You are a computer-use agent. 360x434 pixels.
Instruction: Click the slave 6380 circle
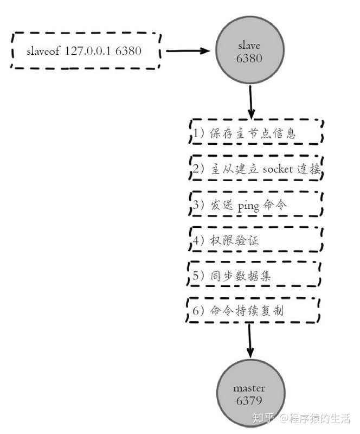[249, 52]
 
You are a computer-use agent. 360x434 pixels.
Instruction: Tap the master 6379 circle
[249, 394]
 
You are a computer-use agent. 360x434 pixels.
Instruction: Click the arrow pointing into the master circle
[249, 341]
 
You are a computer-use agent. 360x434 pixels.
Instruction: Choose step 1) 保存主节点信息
[256, 133]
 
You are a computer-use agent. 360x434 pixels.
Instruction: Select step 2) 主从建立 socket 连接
[256, 169]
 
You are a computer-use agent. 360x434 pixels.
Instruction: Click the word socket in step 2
[278, 169]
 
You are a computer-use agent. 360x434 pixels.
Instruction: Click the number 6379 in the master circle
[249, 401]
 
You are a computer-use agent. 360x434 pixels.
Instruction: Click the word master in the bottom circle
[249, 388]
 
